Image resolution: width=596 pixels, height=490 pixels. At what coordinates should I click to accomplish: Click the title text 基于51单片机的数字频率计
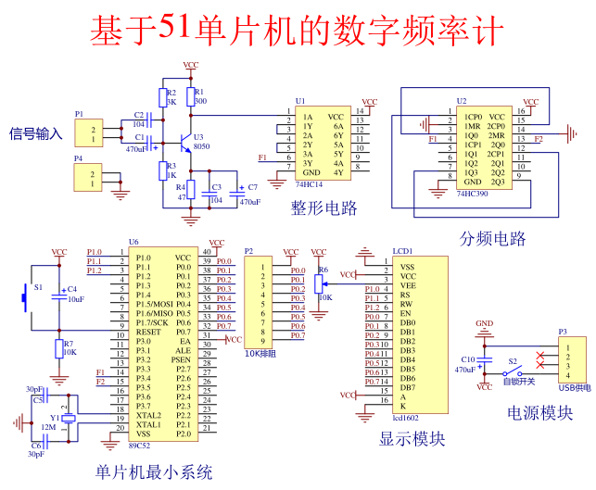(x=297, y=30)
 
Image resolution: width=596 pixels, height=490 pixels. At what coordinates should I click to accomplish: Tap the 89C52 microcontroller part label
(x=139, y=446)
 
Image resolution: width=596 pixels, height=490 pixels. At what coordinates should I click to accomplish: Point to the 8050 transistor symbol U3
(x=186, y=140)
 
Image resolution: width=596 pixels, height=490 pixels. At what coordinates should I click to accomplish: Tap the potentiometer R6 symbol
(x=319, y=283)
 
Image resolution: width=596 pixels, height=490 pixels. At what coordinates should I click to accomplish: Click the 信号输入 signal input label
(x=35, y=133)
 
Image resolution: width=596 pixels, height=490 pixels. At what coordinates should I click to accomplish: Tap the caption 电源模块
(x=539, y=412)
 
